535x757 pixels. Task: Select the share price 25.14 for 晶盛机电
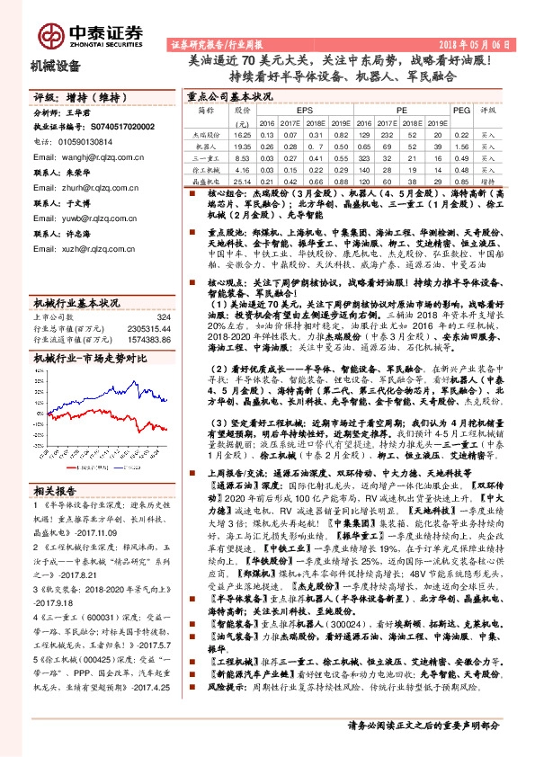tap(241, 181)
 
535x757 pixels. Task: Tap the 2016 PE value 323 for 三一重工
tap(364, 156)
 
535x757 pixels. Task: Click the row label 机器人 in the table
tap(206, 144)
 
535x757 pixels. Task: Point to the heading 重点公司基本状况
tap(228, 95)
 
